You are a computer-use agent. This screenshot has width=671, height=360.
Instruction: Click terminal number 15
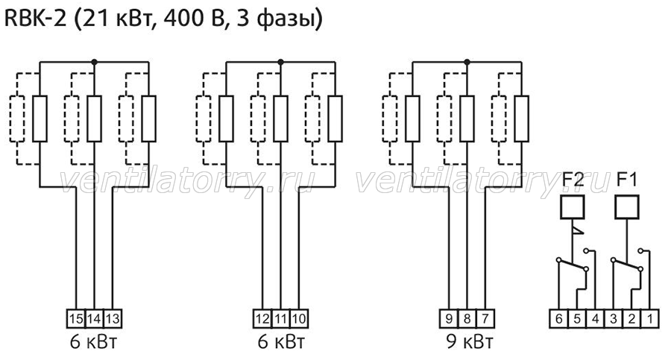click(x=76, y=318)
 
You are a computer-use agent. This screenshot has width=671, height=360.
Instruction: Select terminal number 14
click(x=94, y=318)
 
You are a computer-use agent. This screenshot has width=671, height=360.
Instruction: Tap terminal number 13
click(x=112, y=318)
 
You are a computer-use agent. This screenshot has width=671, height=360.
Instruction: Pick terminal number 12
click(x=262, y=318)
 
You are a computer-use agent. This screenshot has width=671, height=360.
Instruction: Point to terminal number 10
click(x=299, y=318)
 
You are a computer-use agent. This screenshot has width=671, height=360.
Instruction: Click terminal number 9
click(x=449, y=318)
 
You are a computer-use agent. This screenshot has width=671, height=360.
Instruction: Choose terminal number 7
click(x=485, y=318)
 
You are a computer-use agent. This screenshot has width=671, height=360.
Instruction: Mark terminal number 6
click(x=559, y=318)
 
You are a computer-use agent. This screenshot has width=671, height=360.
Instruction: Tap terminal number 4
click(x=595, y=318)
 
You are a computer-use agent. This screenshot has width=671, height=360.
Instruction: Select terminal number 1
click(x=649, y=318)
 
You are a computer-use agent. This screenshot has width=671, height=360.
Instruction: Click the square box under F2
click(x=572, y=207)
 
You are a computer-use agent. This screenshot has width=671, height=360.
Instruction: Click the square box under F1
click(x=627, y=207)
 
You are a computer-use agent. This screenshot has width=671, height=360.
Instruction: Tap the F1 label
click(x=627, y=180)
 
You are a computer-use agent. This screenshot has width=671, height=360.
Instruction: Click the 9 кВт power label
click(x=470, y=341)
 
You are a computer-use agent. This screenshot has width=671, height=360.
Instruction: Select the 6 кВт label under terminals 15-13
click(x=93, y=341)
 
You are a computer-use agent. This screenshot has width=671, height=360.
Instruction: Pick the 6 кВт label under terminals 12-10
click(x=281, y=341)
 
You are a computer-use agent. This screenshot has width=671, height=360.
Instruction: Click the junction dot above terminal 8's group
click(x=467, y=62)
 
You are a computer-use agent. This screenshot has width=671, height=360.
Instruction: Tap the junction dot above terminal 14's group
click(x=94, y=62)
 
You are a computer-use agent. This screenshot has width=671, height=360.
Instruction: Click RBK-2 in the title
click(x=36, y=19)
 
